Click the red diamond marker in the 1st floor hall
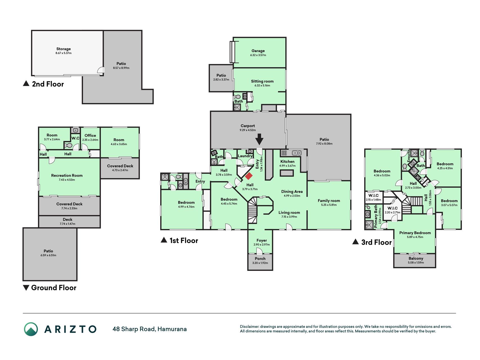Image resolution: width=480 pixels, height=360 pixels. (x=249, y=176)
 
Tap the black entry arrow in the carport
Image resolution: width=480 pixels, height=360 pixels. (x=259, y=139)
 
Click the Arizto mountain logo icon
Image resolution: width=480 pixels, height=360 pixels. (x=31, y=329)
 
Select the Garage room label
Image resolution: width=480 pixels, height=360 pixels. (x=258, y=51)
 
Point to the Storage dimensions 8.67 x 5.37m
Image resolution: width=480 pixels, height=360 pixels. (x=64, y=53)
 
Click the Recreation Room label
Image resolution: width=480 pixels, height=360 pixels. (x=67, y=175)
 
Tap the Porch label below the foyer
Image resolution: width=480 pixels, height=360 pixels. (x=260, y=259)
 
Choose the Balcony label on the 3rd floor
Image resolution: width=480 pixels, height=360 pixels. (x=416, y=258)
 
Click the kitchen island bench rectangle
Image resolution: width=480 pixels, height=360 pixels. (x=287, y=173)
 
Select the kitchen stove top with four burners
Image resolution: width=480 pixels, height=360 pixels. (x=284, y=153)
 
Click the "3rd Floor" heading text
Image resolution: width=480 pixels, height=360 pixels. (x=376, y=242)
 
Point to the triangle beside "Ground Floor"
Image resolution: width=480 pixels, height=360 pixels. (x=26, y=288)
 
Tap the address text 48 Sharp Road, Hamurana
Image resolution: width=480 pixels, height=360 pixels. (x=150, y=329)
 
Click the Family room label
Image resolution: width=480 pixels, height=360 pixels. (x=329, y=201)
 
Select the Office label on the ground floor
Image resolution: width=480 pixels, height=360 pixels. (x=90, y=136)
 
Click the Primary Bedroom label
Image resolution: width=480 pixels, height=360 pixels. (x=415, y=233)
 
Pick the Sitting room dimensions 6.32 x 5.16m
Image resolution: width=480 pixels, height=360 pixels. (x=262, y=85)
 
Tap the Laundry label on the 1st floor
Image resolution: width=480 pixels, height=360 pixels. (x=245, y=156)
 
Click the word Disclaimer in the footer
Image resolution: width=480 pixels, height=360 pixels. (x=249, y=327)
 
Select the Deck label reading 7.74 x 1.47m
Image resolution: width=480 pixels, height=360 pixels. (x=67, y=222)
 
